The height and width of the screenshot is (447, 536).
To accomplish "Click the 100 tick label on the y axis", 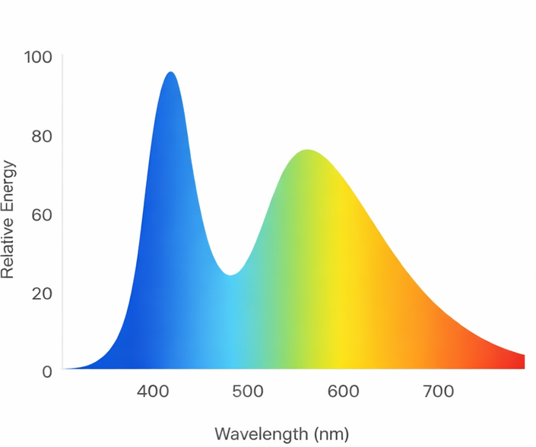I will tap(37, 57).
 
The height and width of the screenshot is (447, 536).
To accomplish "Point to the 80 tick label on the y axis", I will tap(41, 137).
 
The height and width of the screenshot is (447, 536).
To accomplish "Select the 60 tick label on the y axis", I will tap(41, 215).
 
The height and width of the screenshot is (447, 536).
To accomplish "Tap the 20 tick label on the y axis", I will tap(41, 293).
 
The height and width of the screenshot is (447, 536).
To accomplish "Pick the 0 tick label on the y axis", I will tap(46, 372).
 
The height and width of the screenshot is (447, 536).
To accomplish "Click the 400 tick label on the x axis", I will tap(153, 392).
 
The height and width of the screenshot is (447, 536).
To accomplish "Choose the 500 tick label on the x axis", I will tap(248, 392).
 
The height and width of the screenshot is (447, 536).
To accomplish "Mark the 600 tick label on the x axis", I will tap(343, 392).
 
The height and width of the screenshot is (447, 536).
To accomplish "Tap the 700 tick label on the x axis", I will tap(438, 392).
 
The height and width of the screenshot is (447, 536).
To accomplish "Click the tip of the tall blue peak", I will tap(170, 72).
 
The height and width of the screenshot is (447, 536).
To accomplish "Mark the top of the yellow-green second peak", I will tap(307, 150).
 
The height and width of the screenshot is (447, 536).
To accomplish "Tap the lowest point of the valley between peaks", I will tap(230, 275).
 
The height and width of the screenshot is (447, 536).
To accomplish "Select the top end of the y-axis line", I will tap(62, 55).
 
